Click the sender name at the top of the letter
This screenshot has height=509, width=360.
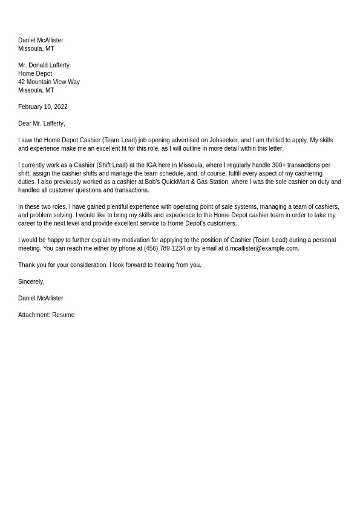tap(41, 41)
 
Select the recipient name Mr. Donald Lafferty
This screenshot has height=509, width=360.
tap(44, 65)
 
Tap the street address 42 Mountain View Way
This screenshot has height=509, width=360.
tap(48, 82)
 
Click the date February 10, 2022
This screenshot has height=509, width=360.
tap(42, 107)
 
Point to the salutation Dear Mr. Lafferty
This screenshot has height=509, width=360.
tap(41, 123)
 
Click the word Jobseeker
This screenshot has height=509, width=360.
tap(223, 140)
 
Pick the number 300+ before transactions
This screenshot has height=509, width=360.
tap(278, 165)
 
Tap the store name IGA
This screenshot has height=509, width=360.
tap(151, 165)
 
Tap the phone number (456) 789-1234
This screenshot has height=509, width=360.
tap(165, 249)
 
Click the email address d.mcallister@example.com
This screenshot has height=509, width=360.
tap(261, 249)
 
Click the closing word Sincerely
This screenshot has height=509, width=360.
tap(31, 282)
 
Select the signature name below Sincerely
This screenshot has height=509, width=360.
tap(41, 298)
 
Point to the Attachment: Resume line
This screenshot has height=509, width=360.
tap(46, 315)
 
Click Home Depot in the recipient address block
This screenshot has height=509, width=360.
tap(35, 74)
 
